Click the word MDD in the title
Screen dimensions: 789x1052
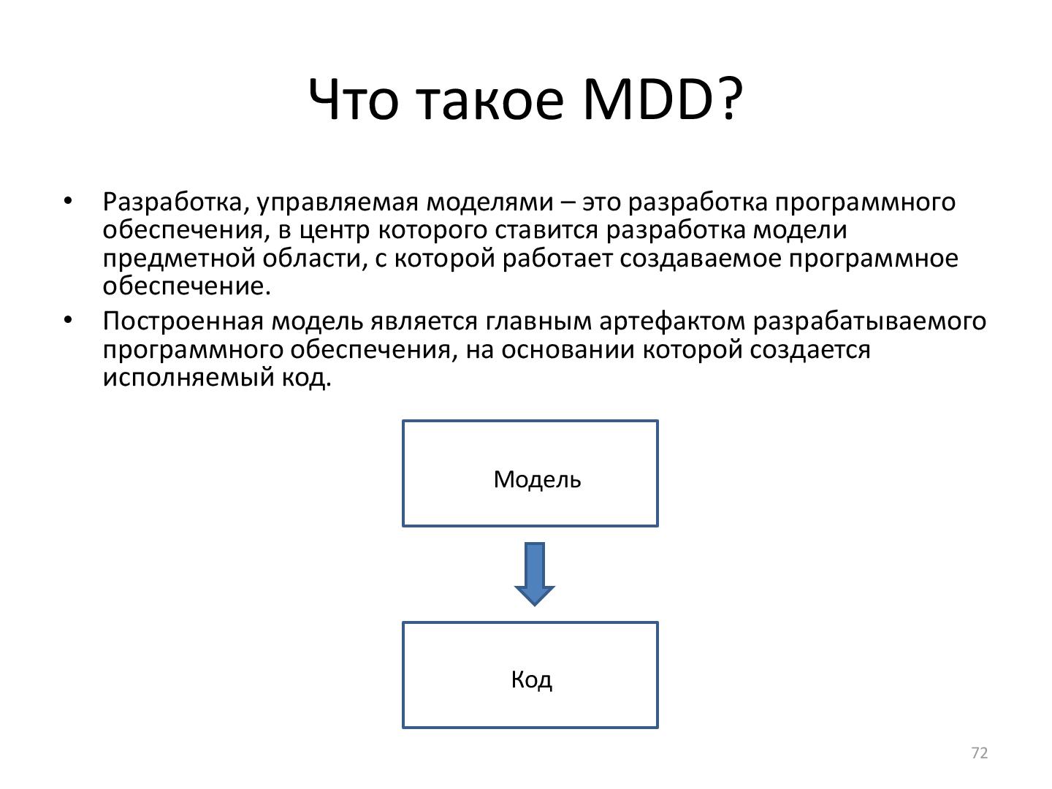pos(647,99)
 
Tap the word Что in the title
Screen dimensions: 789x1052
pos(354,99)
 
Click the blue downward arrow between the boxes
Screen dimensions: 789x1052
pos(534,573)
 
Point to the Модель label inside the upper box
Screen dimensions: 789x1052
pos(537,480)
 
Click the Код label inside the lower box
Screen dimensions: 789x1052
pos(531,680)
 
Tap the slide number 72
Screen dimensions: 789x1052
pos(980,753)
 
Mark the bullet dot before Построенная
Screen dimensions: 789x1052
pos(69,321)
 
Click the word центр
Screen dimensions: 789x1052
pos(337,230)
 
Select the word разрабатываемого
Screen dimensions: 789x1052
pos(869,321)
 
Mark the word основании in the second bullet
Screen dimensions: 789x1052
pos(566,350)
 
